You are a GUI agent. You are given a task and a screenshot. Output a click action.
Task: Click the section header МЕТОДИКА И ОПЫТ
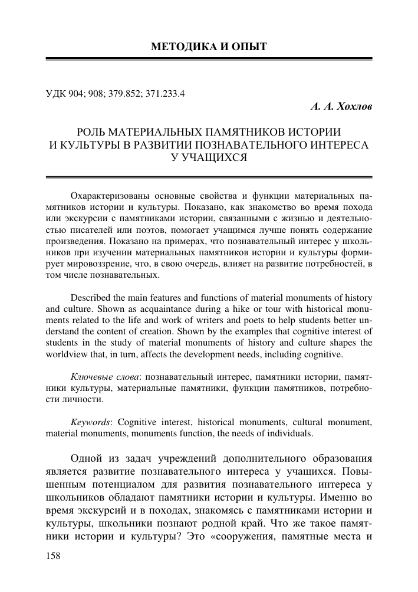click(209, 47)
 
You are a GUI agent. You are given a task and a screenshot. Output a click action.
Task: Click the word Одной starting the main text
click(87, 459)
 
